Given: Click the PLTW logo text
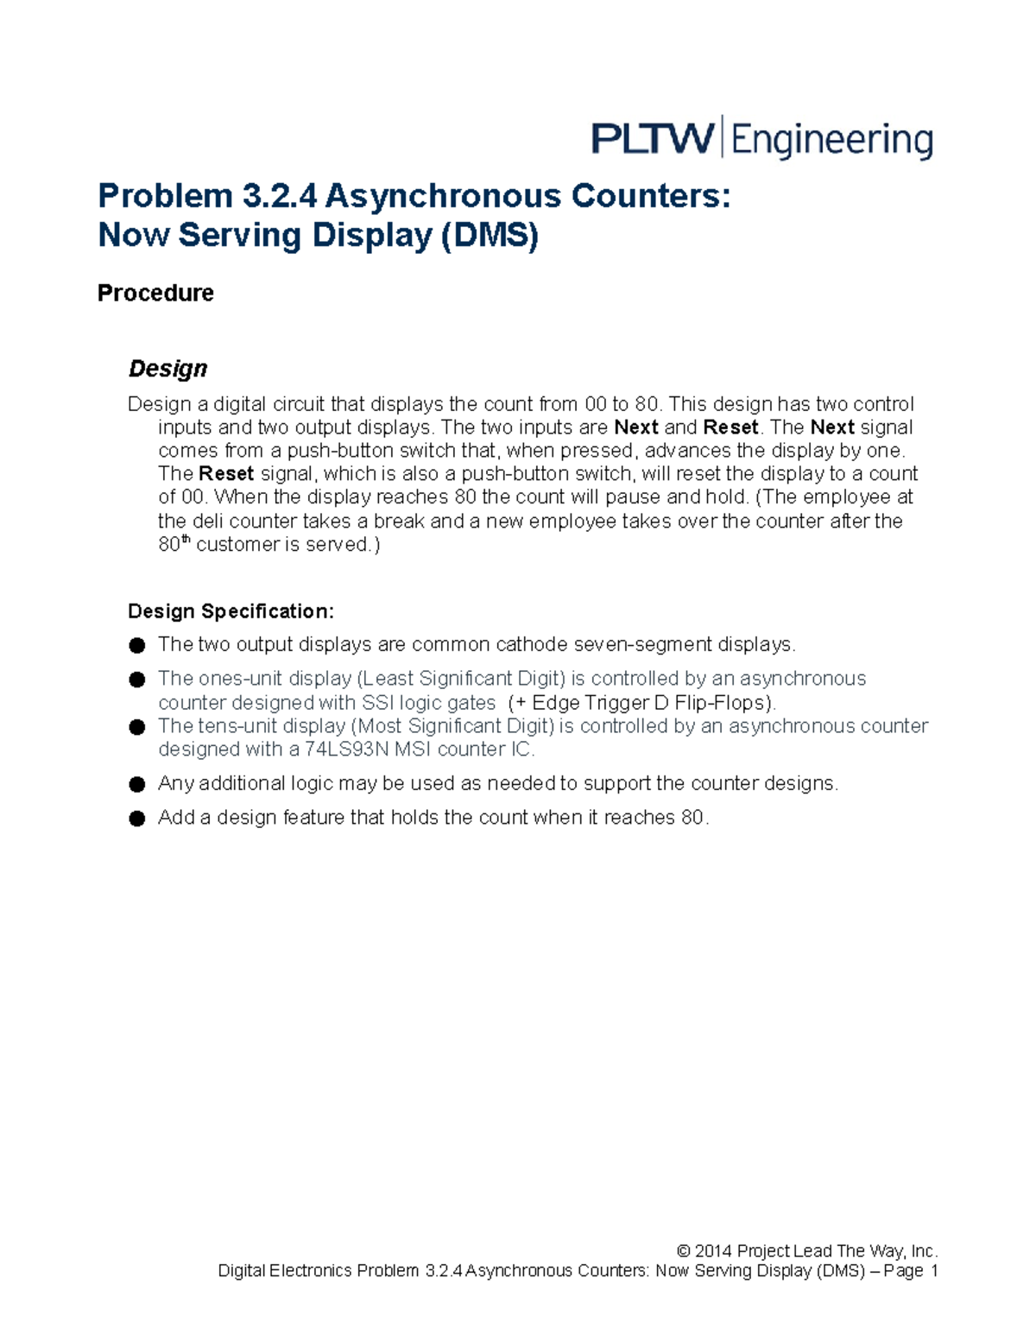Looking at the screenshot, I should pos(653,138).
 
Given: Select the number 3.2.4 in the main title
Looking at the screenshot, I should pos(279,196).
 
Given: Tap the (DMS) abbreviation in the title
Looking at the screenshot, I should pos(490,235).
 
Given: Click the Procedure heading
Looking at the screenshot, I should pos(155,294).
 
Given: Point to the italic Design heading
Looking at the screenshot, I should pos(167,369).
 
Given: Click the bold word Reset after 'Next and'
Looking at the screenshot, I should pos(730,427).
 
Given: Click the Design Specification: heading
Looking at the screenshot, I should pos(231,611).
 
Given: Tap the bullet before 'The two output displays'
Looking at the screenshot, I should pos(136,645).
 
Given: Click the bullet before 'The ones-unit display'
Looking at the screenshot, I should pos(136,680).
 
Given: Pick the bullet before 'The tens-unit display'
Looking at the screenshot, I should pos(136,727).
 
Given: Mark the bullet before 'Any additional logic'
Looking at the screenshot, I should pos(136,784).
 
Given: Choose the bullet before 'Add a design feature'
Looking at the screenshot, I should pos(136,819).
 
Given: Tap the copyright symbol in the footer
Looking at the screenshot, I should pos(683,1251).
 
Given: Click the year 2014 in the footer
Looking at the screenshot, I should pos(713,1251).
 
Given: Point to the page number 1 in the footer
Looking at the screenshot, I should pos(932,1271).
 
